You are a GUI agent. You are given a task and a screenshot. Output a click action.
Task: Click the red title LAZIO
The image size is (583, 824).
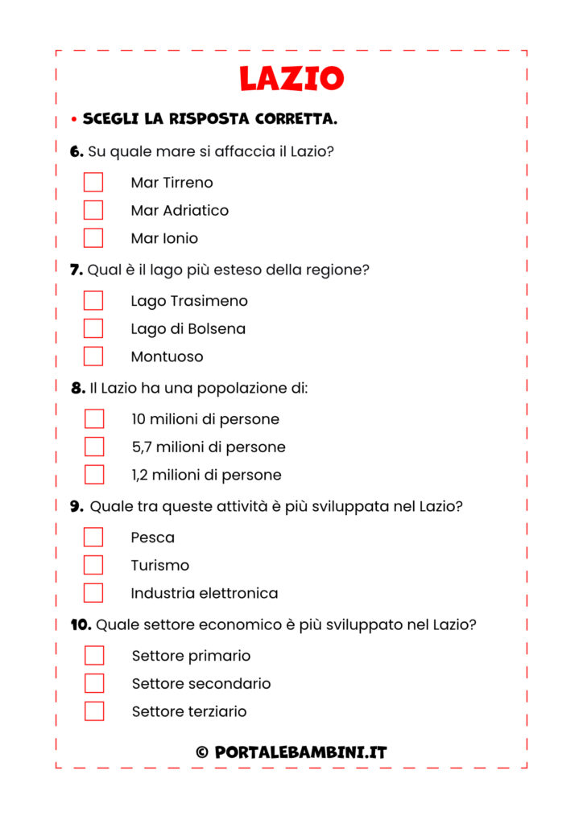291,78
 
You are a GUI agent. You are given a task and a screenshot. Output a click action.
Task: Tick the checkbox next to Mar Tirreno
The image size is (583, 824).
93,183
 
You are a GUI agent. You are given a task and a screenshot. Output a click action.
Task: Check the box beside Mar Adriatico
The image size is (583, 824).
93,210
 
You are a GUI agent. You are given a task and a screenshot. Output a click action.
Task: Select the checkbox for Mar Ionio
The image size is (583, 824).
93,238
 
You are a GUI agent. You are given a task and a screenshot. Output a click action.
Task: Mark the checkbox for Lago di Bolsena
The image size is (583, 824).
93,328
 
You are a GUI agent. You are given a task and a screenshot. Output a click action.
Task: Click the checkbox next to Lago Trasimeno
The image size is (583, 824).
93,301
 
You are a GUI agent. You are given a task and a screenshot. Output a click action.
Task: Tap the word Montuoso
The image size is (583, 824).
167,356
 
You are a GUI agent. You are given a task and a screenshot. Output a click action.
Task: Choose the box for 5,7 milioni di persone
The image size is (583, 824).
94,447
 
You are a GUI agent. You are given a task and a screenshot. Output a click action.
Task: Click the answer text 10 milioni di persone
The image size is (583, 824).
205,419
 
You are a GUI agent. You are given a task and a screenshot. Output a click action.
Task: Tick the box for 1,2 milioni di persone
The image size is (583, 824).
94,475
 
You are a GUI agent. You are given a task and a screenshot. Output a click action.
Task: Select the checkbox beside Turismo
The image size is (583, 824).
93,565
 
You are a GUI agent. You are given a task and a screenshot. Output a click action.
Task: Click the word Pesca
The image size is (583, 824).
153,538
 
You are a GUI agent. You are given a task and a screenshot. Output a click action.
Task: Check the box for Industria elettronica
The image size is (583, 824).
93,593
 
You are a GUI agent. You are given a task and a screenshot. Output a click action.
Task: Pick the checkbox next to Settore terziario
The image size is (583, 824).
94,711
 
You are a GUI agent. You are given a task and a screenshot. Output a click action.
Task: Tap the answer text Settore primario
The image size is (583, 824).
191,656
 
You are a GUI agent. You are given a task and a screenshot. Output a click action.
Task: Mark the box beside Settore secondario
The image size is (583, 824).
94,683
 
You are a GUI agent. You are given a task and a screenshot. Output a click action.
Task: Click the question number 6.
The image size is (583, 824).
76,151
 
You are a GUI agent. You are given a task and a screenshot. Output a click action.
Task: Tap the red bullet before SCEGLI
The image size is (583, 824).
73,120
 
